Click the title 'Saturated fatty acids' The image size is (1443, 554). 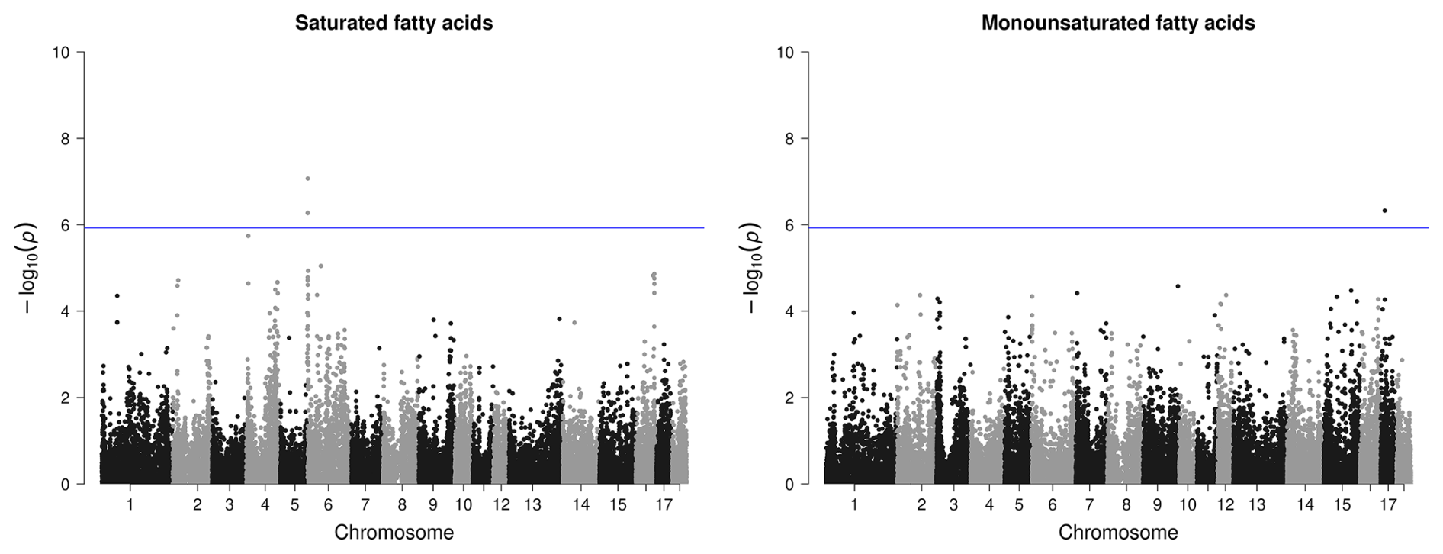coord(394,24)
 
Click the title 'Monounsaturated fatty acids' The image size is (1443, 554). coord(1117,24)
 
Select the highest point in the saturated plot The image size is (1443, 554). coord(307,179)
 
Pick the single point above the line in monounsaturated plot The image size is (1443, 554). coord(1384,211)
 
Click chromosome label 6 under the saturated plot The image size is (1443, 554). coord(328,505)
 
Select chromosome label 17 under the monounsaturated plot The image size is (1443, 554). coord(1387,505)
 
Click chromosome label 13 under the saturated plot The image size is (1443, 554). coord(532,505)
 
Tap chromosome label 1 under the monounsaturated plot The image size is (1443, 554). coord(854,505)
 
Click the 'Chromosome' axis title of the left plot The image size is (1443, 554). coord(394,533)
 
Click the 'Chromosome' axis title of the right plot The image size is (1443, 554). coord(1117,533)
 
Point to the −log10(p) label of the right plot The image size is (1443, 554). coord(753,268)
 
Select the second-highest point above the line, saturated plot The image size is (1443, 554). coord(307,213)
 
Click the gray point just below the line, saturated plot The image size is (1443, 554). coord(249,236)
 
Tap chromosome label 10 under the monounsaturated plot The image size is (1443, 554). coord(1188,505)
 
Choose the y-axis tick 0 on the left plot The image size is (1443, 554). coord(66,485)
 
